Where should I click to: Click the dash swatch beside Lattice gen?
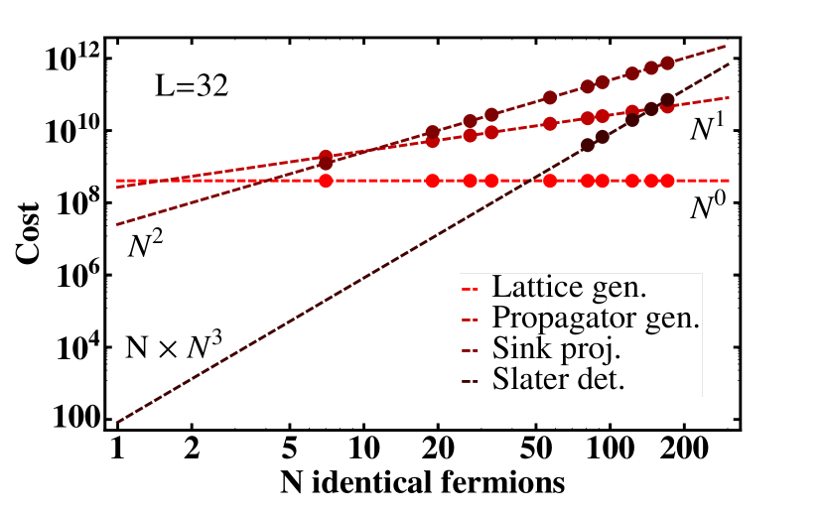[x=471, y=290]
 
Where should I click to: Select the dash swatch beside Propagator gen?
[x=471, y=320]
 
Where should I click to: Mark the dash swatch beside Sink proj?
[x=471, y=349]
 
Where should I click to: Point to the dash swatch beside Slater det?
[x=471, y=379]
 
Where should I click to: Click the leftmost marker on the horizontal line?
[x=326, y=181]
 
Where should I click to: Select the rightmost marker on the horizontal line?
[x=667, y=181]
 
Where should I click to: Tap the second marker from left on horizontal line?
[x=433, y=181]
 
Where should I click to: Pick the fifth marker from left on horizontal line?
[x=550, y=181]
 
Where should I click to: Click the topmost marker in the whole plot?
[x=667, y=63]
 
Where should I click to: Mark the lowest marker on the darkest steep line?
[x=587, y=145]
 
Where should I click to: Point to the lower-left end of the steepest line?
[x=117, y=423]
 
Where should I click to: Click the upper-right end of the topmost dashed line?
[x=728, y=46]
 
